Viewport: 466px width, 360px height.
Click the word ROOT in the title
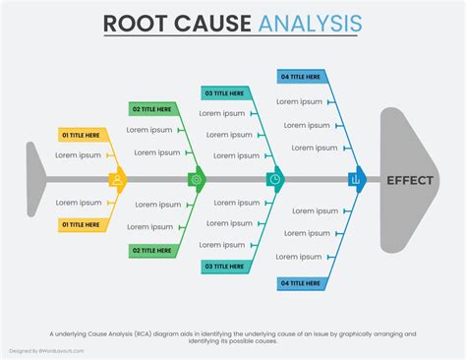click(x=136, y=23)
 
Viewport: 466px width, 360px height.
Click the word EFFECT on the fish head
click(x=408, y=180)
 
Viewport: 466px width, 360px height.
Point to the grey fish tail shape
click(x=35, y=180)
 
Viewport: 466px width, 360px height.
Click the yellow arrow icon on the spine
click(x=118, y=180)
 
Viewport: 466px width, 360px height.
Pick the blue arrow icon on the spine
click(x=356, y=180)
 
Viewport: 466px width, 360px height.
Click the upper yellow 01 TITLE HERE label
click(x=82, y=135)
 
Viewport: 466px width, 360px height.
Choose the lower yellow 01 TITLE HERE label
click(x=82, y=225)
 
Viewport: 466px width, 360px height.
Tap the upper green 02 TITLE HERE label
click(x=153, y=109)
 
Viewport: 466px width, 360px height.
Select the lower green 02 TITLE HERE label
click(x=153, y=251)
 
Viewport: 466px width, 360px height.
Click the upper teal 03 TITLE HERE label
click(x=225, y=92)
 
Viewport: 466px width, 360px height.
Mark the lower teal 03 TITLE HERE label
click(x=225, y=267)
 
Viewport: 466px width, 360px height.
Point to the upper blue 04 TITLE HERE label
click(x=301, y=76)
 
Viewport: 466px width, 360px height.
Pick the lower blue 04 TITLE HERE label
click(x=301, y=283)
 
